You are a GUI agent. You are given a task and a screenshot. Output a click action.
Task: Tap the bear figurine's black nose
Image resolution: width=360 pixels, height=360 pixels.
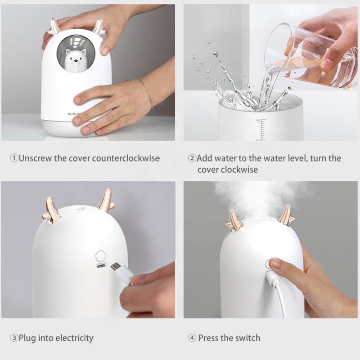[x=75, y=61]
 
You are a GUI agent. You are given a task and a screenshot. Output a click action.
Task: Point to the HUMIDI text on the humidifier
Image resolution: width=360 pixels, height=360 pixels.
[x=73, y=114]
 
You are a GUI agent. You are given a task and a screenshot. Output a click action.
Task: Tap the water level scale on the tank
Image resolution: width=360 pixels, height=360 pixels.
[x=261, y=130]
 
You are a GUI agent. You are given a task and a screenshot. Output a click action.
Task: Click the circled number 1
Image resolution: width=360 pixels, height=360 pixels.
[x=14, y=158]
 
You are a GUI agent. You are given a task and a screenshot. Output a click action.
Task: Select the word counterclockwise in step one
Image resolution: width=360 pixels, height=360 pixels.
[x=126, y=158]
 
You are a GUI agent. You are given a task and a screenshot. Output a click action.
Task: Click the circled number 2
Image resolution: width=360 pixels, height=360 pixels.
[x=192, y=158]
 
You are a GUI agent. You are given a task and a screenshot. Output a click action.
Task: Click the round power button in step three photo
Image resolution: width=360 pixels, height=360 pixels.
[x=100, y=256]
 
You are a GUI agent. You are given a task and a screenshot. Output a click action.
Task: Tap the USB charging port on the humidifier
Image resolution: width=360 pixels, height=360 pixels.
[x=101, y=266]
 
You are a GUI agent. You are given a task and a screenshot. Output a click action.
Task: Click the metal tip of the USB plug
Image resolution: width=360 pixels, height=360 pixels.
[x=114, y=266]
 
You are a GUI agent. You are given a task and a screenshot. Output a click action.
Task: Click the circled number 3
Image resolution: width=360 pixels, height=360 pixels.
[x=14, y=338]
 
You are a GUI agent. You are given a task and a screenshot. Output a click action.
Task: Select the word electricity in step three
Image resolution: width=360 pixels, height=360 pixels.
[x=74, y=338]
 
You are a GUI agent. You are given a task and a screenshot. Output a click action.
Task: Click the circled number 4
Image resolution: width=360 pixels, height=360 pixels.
[x=192, y=338]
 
